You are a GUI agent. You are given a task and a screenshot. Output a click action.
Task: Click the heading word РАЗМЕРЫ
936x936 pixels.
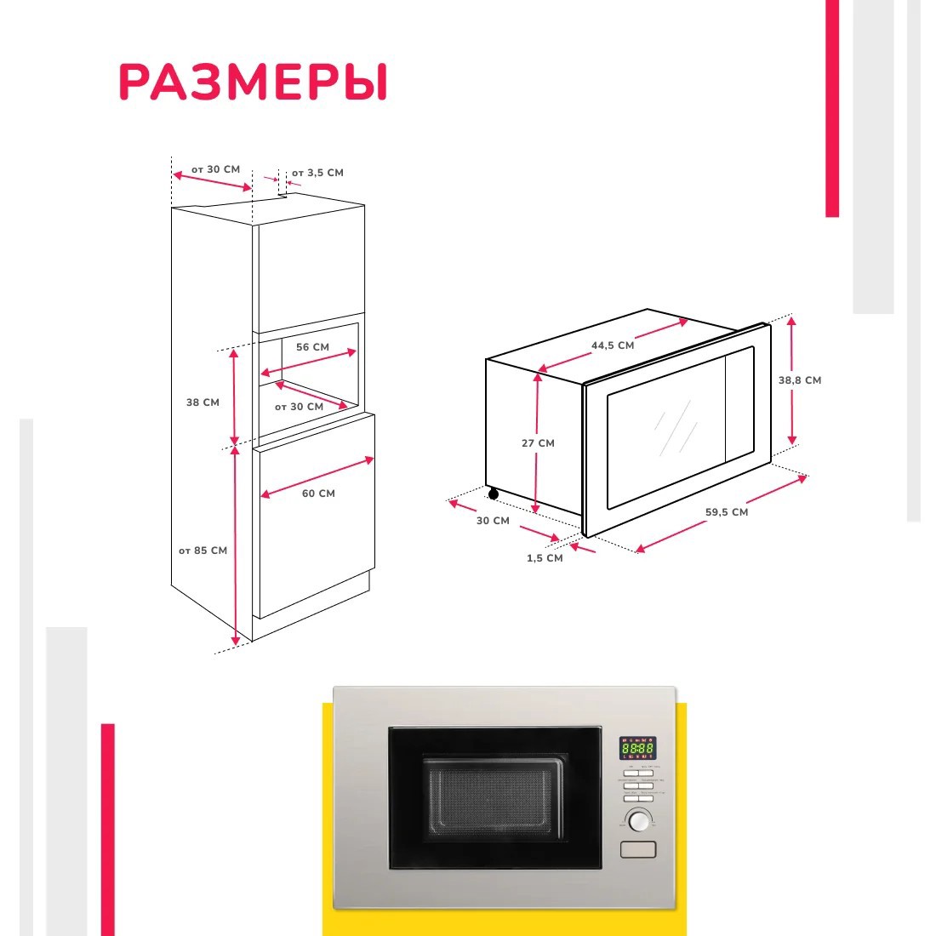[x=253, y=83]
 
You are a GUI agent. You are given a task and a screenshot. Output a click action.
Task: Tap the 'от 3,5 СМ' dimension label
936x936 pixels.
[x=317, y=173]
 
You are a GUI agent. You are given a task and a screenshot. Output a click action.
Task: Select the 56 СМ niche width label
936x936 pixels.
[x=312, y=347]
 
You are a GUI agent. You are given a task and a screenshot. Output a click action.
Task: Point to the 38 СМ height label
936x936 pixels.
[x=203, y=402]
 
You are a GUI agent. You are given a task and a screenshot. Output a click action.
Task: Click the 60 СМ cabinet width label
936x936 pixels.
[x=318, y=494]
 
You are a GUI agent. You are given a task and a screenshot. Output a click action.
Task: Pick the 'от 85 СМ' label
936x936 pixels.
[x=203, y=551]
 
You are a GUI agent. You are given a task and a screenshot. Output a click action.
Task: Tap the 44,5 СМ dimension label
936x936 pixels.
[x=613, y=345]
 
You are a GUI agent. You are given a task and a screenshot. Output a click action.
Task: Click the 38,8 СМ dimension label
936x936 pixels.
[x=800, y=380]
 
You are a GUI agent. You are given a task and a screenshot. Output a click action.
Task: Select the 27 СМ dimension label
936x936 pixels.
[x=538, y=443]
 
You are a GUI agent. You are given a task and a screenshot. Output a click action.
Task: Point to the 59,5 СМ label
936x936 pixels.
[x=727, y=512]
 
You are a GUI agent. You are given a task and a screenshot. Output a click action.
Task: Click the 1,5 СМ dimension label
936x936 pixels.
[x=545, y=558]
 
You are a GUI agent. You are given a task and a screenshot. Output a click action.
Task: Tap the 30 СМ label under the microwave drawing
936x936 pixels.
[x=493, y=521]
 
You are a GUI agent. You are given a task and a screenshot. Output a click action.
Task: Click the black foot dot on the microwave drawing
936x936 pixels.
[x=493, y=494]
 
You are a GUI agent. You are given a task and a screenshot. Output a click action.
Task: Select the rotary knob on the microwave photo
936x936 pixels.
[x=638, y=820]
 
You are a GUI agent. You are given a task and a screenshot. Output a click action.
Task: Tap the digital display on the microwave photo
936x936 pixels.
[x=637, y=748]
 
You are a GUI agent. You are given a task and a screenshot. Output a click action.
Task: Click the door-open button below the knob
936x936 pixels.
[x=638, y=849]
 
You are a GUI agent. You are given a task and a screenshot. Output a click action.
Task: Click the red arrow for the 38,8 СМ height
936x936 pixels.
[x=792, y=380]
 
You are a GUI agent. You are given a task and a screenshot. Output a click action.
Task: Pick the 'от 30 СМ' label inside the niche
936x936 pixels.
[x=299, y=407]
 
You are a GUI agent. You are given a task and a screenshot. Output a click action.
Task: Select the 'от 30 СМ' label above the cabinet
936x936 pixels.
[x=215, y=169]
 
